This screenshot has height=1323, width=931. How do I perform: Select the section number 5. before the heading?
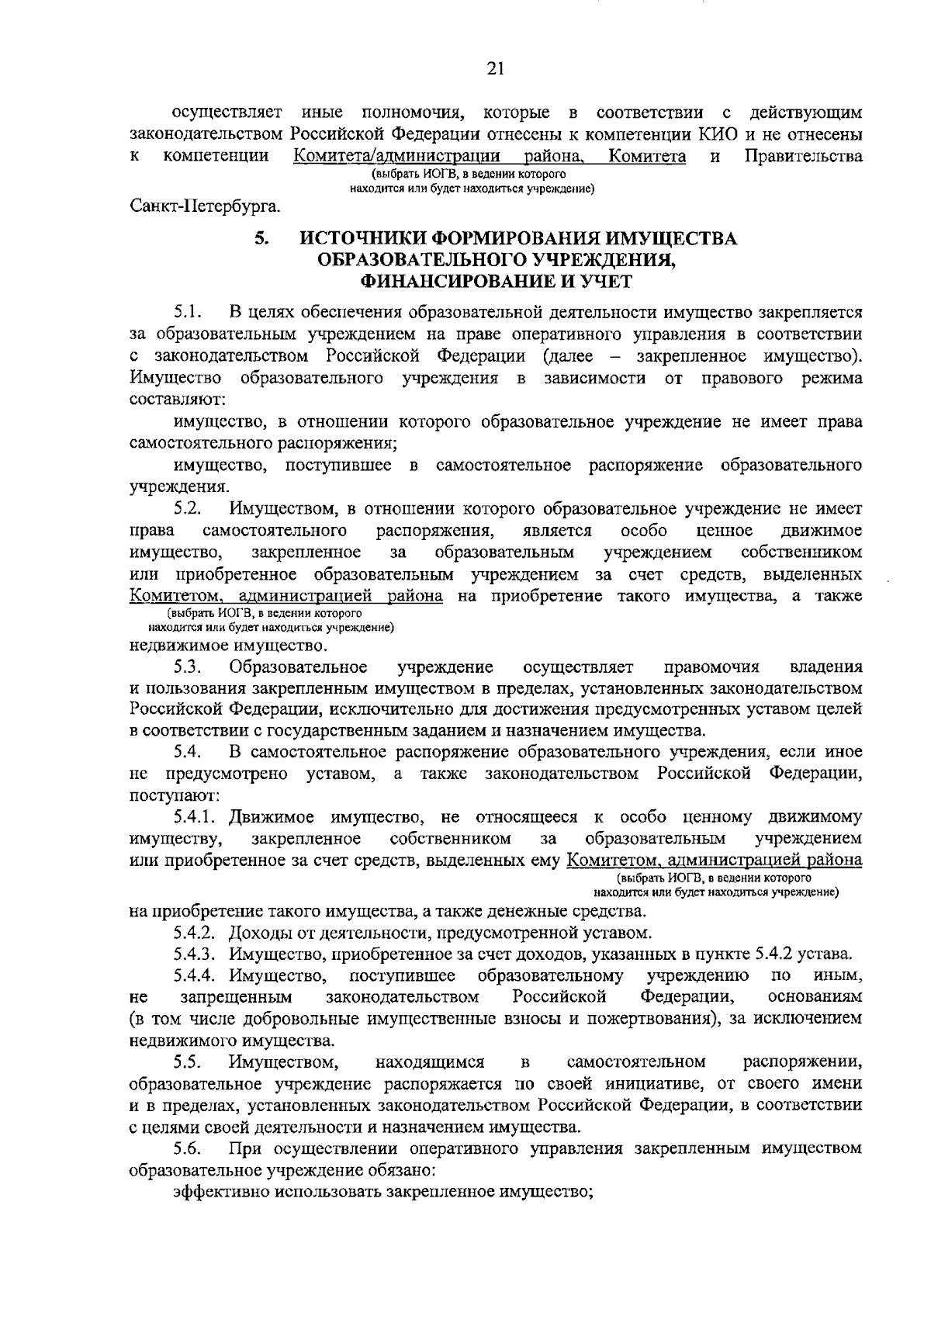(262, 239)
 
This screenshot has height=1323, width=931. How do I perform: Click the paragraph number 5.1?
(189, 313)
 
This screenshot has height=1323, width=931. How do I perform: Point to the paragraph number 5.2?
(189, 509)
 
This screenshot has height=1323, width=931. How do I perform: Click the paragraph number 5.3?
(189, 667)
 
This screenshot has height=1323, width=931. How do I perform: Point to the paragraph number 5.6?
(189, 1148)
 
